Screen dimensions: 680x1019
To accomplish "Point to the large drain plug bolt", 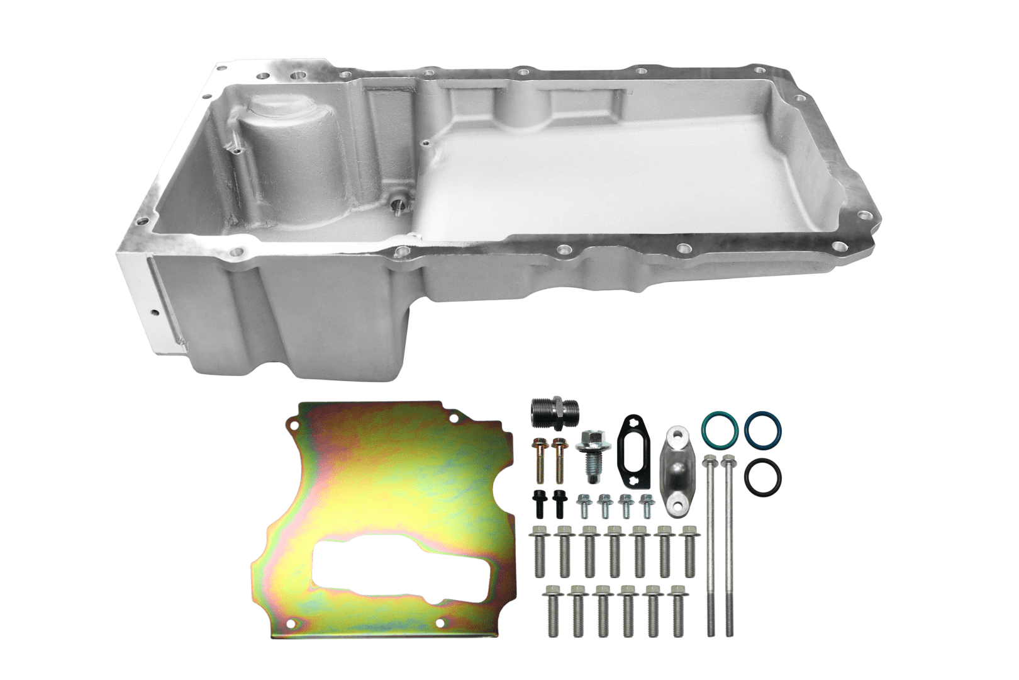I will coord(591,448).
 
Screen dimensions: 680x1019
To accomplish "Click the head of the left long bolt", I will coord(711,460).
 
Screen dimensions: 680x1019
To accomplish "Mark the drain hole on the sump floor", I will coord(398,205).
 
